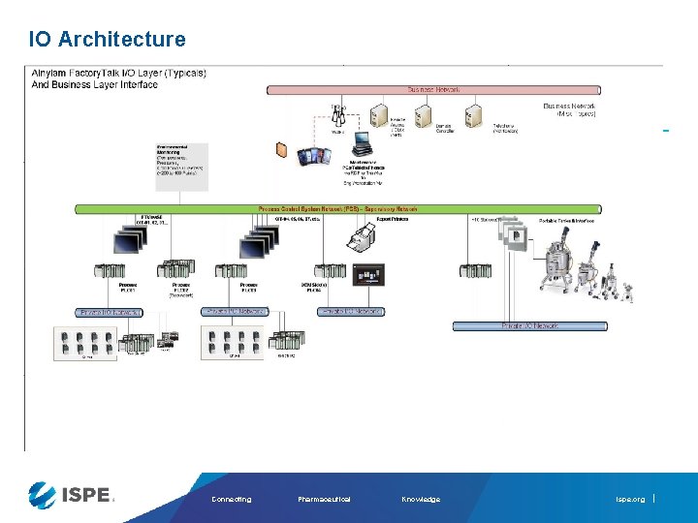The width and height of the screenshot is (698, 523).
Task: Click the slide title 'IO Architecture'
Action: pyautogui.click(x=107, y=40)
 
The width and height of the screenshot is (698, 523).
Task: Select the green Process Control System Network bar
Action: pyautogui.click(x=367, y=208)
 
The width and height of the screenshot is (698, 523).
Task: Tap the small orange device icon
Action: pyautogui.click(x=282, y=150)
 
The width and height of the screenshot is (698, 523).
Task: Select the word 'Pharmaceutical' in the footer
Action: pyautogui.click(x=324, y=500)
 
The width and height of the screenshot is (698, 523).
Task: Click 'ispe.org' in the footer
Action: pyautogui.click(x=629, y=500)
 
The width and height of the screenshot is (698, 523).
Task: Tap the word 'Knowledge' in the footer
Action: pyautogui.click(x=420, y=500)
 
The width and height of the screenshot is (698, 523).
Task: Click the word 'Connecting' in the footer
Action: pyautogui.click(x=231, y=500)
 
